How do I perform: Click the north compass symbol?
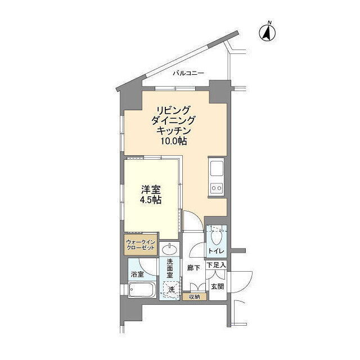(268, 32)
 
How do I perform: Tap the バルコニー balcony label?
(188, 73)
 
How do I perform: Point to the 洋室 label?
(151, 190)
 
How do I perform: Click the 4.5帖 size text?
(151, 200)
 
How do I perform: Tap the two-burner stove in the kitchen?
(217, 188)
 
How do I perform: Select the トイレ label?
(216, 251)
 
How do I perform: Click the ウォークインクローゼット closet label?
(141, 245)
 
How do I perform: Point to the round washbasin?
(169, 249)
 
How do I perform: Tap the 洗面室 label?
(170, 268)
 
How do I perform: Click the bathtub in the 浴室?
(142, 290)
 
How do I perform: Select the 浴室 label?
(137, 274)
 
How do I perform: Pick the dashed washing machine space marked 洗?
(171, 290)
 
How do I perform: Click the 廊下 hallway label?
(193, 268)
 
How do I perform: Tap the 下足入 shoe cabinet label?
(217, 265)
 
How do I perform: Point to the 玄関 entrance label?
(218, 286)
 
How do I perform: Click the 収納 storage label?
(195, 297)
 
